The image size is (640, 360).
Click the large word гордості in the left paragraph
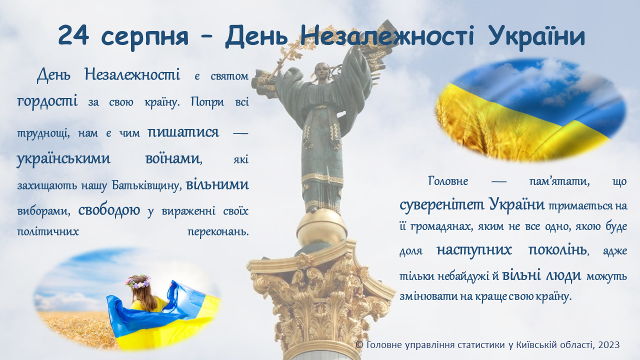[47, 100]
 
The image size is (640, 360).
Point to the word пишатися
[183, 132]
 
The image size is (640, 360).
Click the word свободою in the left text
[109, 210]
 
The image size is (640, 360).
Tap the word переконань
[218, 231]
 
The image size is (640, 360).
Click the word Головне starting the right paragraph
[448, 181]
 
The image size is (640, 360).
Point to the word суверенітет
[441, 204]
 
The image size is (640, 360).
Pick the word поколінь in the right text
[557, 250]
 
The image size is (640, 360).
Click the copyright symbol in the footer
[359, 345]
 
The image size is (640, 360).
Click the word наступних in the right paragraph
[474, 250]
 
